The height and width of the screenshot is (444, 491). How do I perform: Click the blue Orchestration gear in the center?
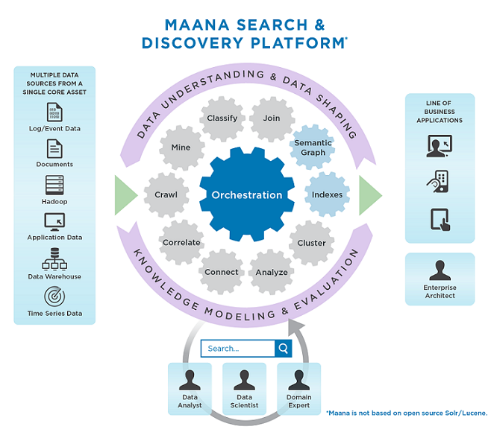coord(247,195)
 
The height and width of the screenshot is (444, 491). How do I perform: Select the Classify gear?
coord(222,118)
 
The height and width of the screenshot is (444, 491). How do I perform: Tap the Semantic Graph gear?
coord(313,148)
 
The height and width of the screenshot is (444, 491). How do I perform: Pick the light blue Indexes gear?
coord(328,195)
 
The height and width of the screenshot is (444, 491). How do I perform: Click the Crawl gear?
coord(166,195)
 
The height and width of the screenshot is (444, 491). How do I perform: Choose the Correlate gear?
coord(181,242)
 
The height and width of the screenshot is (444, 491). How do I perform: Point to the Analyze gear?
coord(272,272)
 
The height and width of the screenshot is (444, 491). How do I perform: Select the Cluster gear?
coord(311,243)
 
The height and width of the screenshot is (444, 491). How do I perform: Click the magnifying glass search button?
coord(284,348)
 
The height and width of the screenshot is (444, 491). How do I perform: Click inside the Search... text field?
coord(238,348)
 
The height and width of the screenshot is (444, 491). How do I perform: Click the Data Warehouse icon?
coord(54,259)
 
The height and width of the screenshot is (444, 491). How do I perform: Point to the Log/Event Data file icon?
coord(54,112)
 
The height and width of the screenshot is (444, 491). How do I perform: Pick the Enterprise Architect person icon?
coord(440,270)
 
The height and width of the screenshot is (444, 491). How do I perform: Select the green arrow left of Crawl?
coord(125,195)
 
